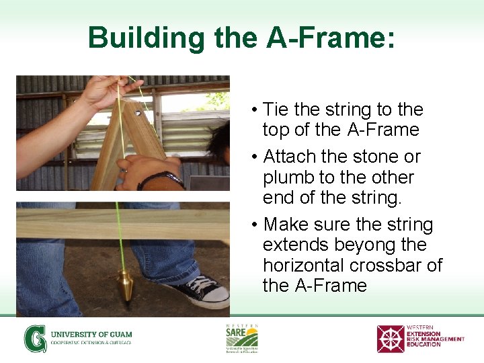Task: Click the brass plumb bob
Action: click(125, 282)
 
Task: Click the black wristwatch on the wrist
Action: click(161, 179)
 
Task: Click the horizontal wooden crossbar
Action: click(121, 225)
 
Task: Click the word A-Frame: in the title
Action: click(330, 38)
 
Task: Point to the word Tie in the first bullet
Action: click(277, 110)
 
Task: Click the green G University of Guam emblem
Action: click(35, 338)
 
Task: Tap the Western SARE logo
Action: click(241, 337)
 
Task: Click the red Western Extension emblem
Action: click(390, 339)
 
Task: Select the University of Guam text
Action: click(91, 334)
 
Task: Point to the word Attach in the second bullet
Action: click(290, 157)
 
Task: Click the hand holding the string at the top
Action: click(108, 90)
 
